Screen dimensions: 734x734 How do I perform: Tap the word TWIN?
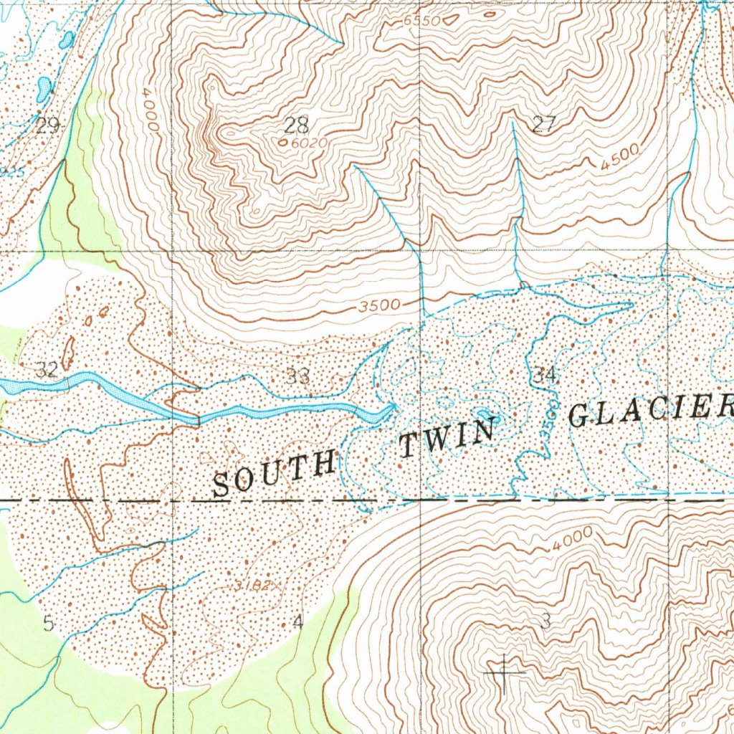[448, 439]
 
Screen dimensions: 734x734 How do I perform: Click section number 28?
[296, 126]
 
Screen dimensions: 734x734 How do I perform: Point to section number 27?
[544, 124]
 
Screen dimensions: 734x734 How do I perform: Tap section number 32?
[47, 371]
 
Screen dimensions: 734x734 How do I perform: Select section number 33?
[297, 376]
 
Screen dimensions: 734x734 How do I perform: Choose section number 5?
[48, 624]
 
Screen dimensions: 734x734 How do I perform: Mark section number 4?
[298, 624]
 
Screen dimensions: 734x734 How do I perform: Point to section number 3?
[545, 622]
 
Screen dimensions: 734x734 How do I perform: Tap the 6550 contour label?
[421, 22]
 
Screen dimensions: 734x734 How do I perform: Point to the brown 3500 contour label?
[380, 305]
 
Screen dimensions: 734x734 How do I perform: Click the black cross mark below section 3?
[505, 674]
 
